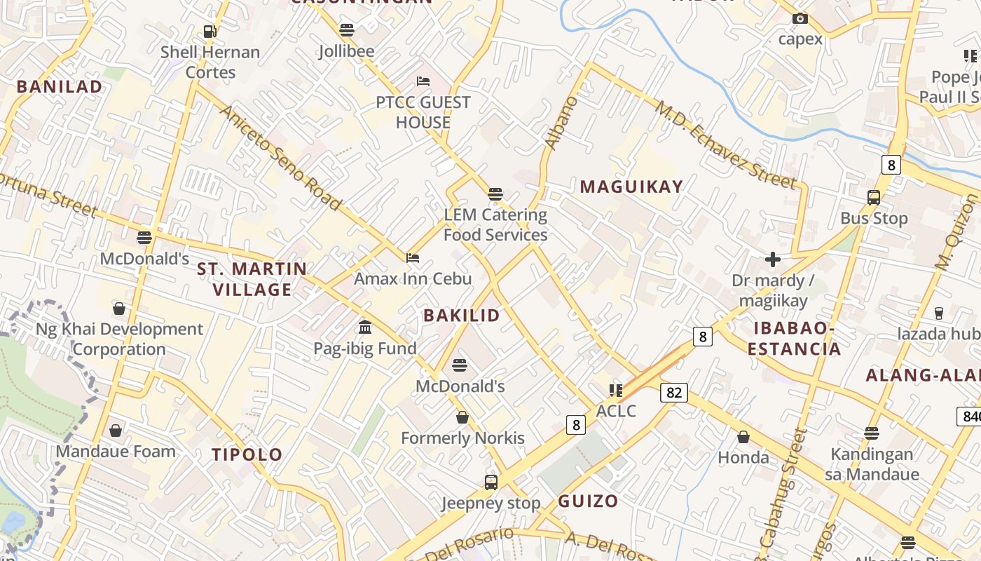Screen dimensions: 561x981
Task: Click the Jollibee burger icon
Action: coord(346,29)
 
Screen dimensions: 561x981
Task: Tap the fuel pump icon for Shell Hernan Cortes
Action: coord(210,31)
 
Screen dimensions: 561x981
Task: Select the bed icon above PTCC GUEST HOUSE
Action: coord(423,81)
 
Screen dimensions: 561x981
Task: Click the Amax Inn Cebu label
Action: coord(413,278)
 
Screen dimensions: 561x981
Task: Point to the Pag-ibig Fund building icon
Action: coord(364,327)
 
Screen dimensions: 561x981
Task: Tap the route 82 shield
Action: coord(673,393)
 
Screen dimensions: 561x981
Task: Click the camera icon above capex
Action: coord(800,18)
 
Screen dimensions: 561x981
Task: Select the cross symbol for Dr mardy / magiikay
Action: coord(772,260)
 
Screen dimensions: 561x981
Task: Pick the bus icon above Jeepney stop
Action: coord(490,482)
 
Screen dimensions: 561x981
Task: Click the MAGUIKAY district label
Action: coord(631,187)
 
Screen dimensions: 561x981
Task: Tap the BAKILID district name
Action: coord(462,316)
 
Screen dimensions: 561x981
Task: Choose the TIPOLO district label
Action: coord(247,454)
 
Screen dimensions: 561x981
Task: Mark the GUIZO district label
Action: coord(588,501)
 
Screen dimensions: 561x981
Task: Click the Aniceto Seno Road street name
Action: coord(280,158)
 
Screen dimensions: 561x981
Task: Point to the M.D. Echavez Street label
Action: coord(725,146)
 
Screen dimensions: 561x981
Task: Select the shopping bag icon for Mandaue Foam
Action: coord(116,430)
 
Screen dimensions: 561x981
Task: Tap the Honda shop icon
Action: coord(743,437)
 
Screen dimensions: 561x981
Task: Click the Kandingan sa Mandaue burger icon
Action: coord(871,433)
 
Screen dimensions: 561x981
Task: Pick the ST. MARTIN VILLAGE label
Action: coord(252,279)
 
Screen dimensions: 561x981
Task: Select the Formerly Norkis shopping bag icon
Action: coord(462,417)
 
